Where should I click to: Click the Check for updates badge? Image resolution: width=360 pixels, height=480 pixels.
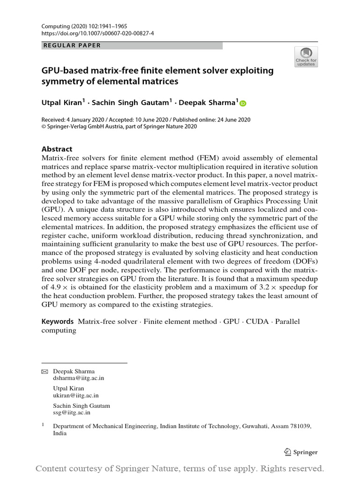(x=306, y=56)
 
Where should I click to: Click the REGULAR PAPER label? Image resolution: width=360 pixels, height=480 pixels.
(x=72, y=45)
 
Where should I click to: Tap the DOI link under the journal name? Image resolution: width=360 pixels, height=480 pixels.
(x=91, y=34)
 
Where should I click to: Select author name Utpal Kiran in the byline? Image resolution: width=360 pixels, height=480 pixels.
(x=62, y=102)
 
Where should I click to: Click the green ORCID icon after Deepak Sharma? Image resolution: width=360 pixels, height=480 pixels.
(x=243, y=103)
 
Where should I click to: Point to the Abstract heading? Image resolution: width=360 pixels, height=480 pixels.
(x=57, y=149)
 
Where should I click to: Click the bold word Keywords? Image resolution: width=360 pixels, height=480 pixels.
(x=58, y=322)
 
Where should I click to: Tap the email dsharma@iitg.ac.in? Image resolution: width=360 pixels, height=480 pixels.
(x=79, y=378)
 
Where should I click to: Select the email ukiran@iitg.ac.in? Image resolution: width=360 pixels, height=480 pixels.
(x=76, y=395)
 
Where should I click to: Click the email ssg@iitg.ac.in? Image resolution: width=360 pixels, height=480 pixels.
(x=72, y=412)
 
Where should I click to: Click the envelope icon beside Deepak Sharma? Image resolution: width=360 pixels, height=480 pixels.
(x=45, y=372)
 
